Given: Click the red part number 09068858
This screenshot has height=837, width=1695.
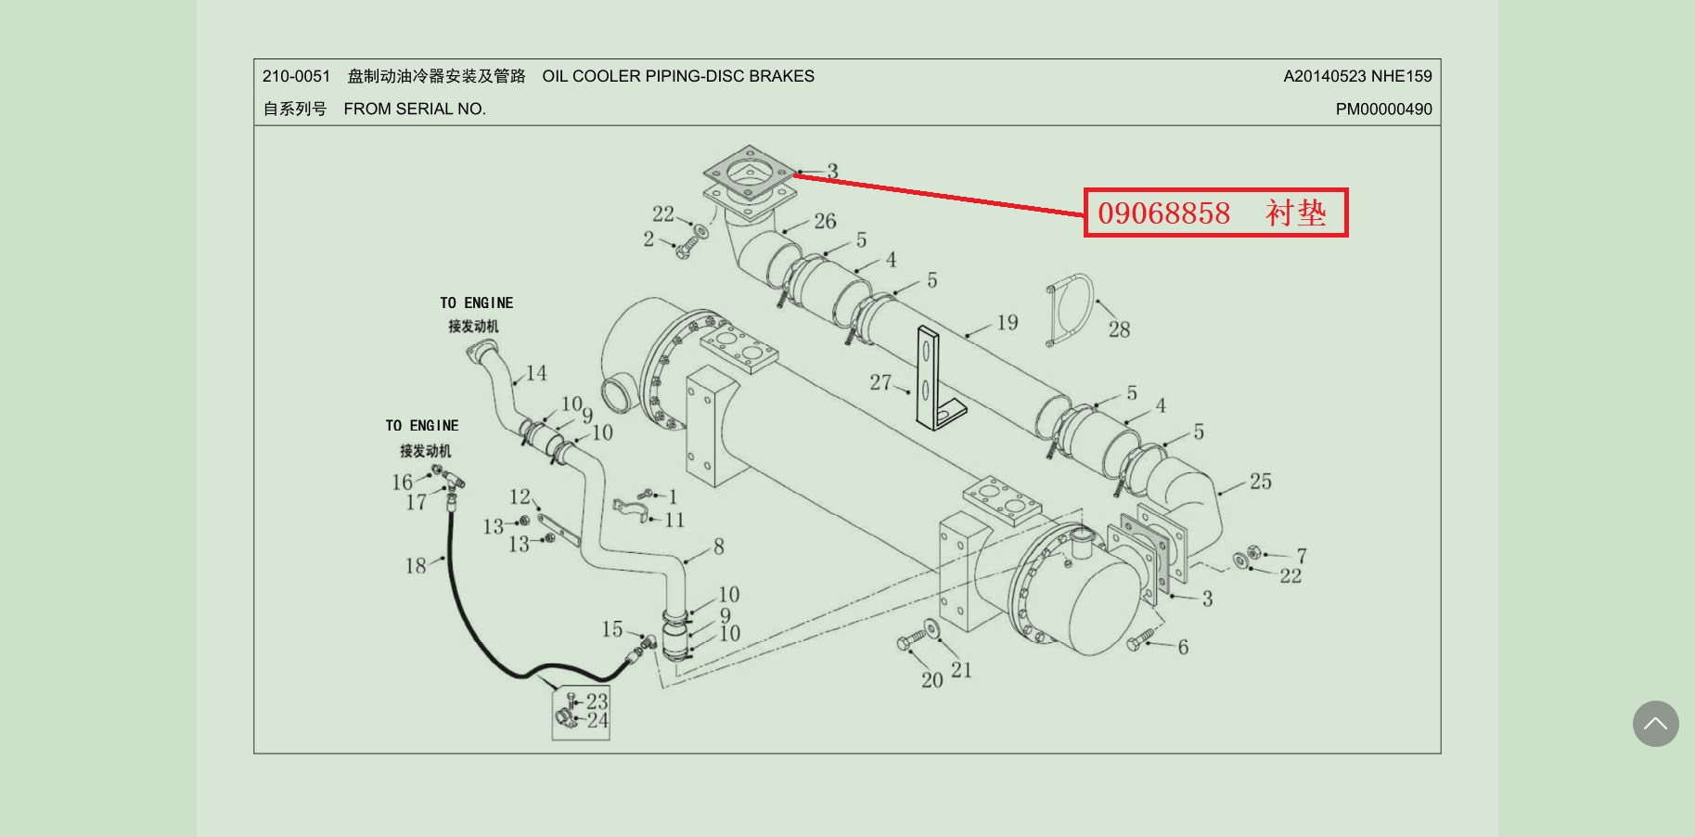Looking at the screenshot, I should tap(1163, 213).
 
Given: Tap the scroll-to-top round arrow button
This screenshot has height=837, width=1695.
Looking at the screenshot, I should tap(1655, 724).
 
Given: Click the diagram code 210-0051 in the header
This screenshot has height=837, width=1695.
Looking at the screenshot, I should tap(296, 76).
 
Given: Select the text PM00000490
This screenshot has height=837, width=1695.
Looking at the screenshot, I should tap(1383, 109).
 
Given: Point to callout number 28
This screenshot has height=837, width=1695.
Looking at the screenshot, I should tap(1119, 329).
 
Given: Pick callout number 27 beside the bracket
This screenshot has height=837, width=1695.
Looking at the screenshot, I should tap(880, 382).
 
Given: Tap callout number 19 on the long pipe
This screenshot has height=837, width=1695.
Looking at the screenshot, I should tap(1008, 323).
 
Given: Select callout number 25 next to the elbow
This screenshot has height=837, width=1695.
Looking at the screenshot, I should tap(1260, 482).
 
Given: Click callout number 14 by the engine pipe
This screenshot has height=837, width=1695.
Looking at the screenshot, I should tap(536, 373).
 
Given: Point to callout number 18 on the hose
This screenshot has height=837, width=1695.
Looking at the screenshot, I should tap(415, 565).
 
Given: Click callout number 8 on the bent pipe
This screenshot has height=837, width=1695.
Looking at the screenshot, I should tap(718, 547).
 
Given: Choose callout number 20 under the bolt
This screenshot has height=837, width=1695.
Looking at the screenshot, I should tap(931, 680).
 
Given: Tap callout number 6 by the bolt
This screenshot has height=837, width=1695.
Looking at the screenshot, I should tap(1183, 647).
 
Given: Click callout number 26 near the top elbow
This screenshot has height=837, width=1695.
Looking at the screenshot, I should tap(825, 221).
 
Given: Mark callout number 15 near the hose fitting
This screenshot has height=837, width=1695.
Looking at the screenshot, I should tap(611, 629).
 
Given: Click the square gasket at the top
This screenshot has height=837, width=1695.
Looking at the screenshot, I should tap(749, 172).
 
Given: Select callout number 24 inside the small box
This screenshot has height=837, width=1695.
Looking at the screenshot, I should tap(597, 720).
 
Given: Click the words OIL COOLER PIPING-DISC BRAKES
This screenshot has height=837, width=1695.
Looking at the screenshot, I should tap(678, 76).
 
